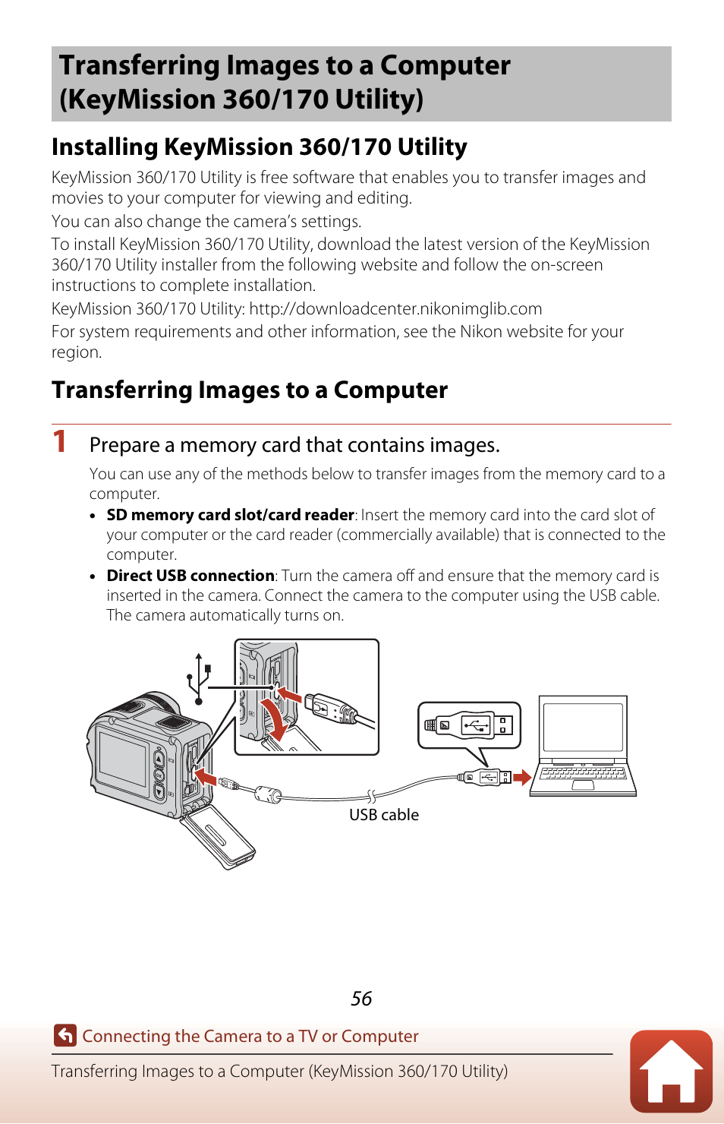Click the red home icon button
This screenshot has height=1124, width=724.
[671, 1071]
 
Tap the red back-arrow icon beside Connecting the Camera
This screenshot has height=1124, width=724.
[65, 1035]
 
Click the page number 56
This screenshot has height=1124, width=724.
[361, 999]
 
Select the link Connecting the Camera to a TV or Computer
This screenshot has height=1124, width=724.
[250, 1036]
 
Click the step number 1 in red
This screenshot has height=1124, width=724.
[60, 442]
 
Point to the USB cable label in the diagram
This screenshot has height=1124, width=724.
[383, 815]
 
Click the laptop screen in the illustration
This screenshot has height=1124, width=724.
[583, 727]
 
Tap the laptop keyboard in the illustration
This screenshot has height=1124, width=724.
[583, 773]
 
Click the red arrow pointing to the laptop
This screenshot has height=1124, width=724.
[521, 778]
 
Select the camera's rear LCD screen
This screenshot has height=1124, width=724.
[124, 758]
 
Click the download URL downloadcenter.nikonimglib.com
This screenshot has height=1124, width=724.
[395, 309]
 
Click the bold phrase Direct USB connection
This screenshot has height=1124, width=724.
[190, 576]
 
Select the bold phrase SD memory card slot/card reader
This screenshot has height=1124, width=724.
[230, 515]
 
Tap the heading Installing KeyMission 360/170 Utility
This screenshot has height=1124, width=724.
[259, 147]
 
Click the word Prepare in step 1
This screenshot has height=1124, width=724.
[124, 445]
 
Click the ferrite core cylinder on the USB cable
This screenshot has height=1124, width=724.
[267, 795]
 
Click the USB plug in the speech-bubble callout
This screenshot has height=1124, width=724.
[469, 725]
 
